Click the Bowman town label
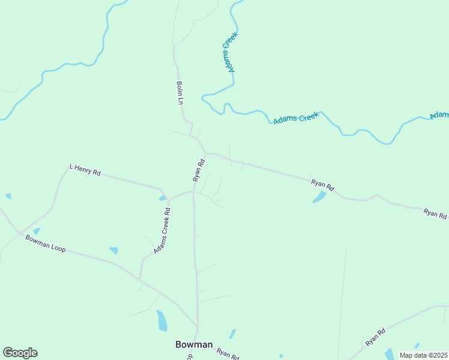click(194, 344)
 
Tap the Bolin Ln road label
click(179, 93)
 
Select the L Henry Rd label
click(85, 170)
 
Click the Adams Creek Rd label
click(162, 230)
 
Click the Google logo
click(20, 353)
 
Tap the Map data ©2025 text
click(424, 355)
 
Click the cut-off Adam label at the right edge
click(440, 114)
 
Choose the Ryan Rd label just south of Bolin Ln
click(199, 170)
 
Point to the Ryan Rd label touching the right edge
click(435, 214)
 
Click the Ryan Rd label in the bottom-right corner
click(375, 337)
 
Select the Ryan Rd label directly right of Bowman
click(228, 353)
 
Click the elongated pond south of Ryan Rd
click(319, 197)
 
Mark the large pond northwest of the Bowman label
click(161, 321)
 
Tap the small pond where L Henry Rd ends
click(162, 198)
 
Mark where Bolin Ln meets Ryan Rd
click(206, 154)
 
